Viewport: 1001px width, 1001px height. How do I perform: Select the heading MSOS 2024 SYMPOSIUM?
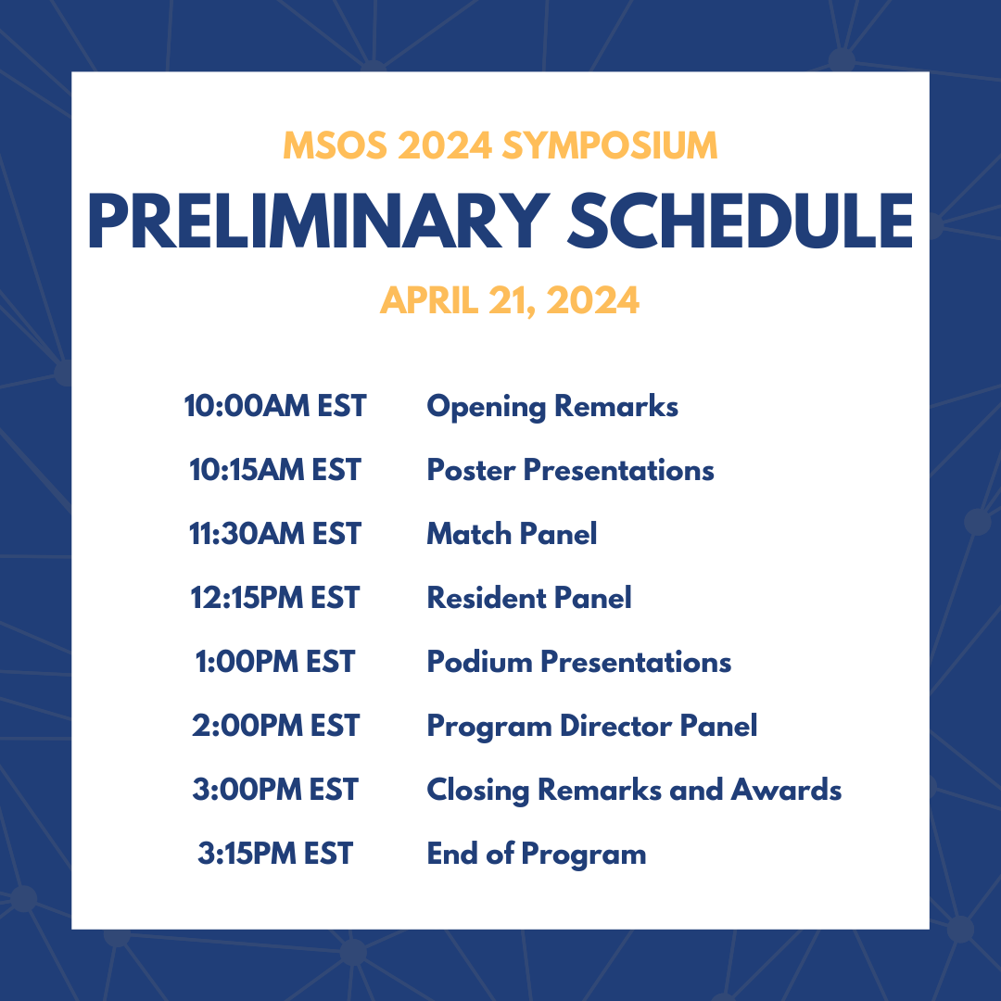[500, 146]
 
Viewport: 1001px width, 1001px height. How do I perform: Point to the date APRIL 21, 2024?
[509, 301]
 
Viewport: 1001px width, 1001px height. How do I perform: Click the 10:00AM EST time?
[275, 406]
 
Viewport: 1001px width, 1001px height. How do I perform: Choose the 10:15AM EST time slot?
[275, 470]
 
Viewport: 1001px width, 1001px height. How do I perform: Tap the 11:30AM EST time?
[275, 534]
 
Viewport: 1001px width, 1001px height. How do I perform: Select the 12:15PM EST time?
[275, 598]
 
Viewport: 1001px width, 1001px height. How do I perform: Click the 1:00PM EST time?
[275, 662]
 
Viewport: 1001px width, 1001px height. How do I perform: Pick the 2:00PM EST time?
[275, 726]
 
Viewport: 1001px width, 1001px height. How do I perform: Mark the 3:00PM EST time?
[275, 790]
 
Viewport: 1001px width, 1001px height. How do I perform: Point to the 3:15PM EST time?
[275, 854]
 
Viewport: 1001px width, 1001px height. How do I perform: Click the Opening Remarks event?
[552, 406]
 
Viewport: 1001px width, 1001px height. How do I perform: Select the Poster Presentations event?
[570, 470]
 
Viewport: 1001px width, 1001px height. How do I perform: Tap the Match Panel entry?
[512, 534]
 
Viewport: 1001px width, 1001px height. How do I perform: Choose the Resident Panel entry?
[529, 598]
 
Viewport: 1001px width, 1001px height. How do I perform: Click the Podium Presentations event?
[579, 662]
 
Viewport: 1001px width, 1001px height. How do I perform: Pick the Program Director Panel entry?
[592, 726]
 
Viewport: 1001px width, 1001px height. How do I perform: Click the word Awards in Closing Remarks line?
[786, 790]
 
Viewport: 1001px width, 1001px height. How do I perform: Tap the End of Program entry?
[537, 854]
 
